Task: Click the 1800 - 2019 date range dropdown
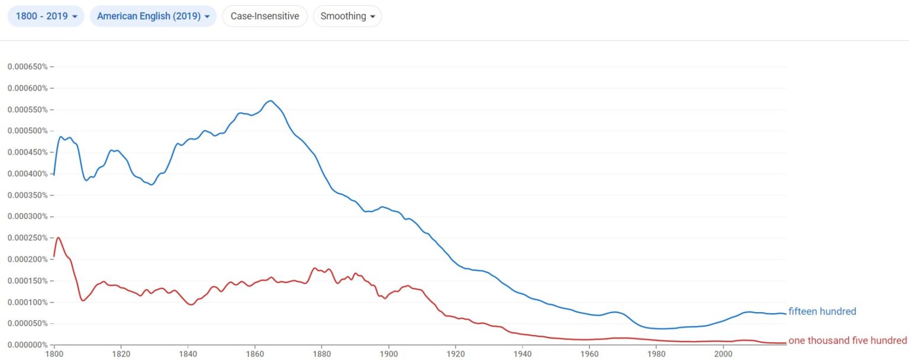tap(46, 16)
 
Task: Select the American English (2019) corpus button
tap(153, 16)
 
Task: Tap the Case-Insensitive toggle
tap(265, 16)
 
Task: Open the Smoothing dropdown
tap(347, 16)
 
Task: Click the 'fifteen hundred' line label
tap(822, 311)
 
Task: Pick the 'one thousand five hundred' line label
tap(847, 340)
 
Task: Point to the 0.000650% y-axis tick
tap(27, 66)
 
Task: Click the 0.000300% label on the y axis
tap(27, 216)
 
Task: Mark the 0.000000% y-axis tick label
tap(27, 345)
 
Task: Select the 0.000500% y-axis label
tap(27, 131)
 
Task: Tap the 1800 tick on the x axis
tap(54, 354)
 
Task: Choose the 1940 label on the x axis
tap(523, 354)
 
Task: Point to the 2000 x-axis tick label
tap(723, 354)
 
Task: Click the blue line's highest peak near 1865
tap(270, 101)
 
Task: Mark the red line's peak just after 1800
tap(59, 237)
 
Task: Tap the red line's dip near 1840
tap(190, 304)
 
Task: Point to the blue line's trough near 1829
tap(151, 185)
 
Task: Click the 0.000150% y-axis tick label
tap(27, 281)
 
